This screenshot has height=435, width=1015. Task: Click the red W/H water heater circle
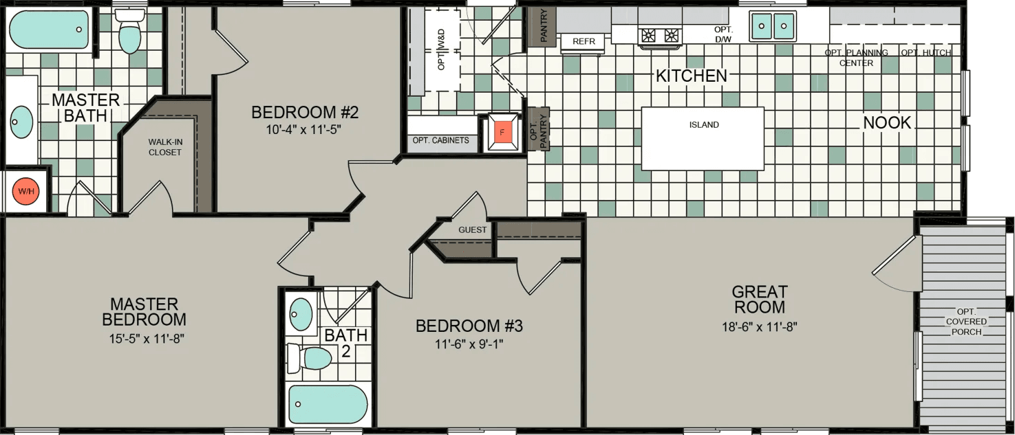pos(26,191)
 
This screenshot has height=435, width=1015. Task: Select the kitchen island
pos(703,138)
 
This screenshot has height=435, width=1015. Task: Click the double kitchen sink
pos(772,27)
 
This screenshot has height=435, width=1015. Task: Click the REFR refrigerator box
pos(583,42)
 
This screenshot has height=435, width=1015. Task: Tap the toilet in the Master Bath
pos(129,32)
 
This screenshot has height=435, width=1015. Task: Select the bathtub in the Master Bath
pos(49,29)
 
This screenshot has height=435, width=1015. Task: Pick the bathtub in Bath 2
pos(328,404)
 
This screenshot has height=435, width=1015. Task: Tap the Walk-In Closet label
pos(165,147)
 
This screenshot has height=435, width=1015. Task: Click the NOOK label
pos(887,123)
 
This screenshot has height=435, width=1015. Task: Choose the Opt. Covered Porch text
pos(966,322)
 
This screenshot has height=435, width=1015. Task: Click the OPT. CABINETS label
pos(441,141)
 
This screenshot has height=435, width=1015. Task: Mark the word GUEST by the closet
pos(473,230)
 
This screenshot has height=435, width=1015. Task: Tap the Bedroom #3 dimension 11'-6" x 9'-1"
pos(469,344)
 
